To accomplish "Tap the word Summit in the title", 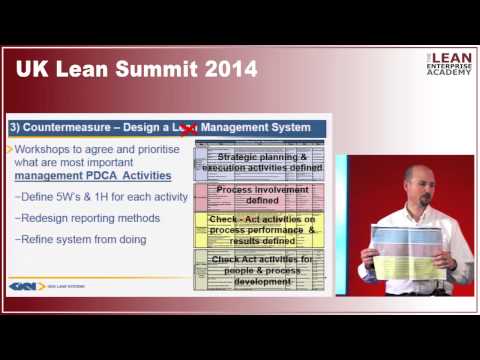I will [159, 70].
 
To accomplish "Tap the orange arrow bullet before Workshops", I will [10, 149].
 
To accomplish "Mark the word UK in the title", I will [30, 70].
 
